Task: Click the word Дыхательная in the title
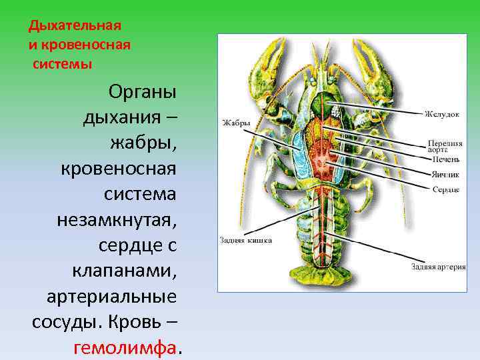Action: (75, 26)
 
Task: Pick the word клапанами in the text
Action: (124, 271)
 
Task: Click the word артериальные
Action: (111, 297)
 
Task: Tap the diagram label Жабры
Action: (236, 123)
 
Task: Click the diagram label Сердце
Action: (445, 190)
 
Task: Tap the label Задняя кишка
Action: (245, 240)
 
